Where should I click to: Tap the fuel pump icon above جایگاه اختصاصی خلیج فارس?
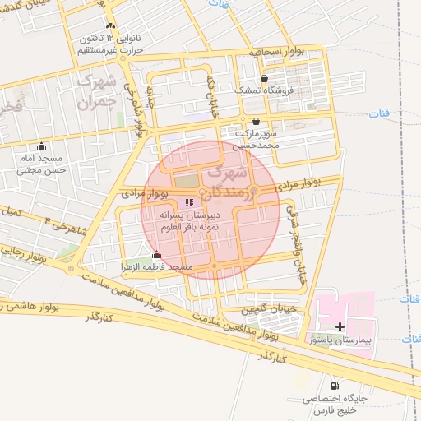[333, 386]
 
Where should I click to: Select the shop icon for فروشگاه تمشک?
[263, 79]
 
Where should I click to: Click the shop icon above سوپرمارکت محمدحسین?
[257, 121]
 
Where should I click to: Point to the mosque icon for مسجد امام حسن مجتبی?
[41, 146]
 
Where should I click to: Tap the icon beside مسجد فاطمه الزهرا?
[156, 255]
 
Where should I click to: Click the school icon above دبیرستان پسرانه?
[189, 202]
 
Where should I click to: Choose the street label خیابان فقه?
[210, 98]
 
